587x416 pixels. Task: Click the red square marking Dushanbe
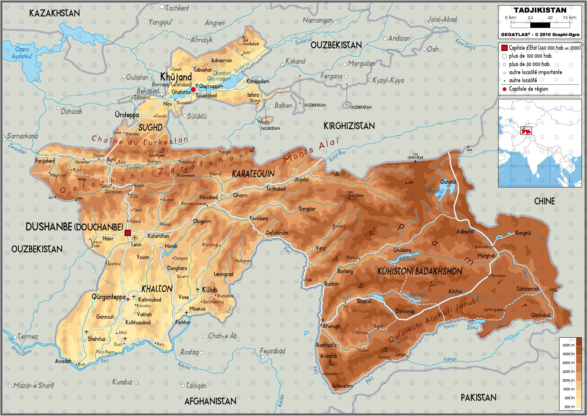[128, 233]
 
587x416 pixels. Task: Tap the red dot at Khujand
[193, 90]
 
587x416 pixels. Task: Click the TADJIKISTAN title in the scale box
[540, 10]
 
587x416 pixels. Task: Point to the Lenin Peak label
[415, 157]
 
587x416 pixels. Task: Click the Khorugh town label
[331, 326]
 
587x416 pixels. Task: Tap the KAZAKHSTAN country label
[55, 13]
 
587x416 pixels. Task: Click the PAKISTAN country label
[478, 398]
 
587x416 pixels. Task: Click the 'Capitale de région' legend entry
[528, 89]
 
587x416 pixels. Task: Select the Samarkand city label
[22, 136]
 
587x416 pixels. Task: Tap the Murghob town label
[486, 256]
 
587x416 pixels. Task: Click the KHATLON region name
[157, 289]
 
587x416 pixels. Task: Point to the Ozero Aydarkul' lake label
[22, 53]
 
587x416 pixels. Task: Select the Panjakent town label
[45, 161]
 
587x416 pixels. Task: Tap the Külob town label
[209, 290]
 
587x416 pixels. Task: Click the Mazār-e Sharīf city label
[34, 385]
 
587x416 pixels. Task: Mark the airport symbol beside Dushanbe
[135, 238]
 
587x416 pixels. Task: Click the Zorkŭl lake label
[472, 328]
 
